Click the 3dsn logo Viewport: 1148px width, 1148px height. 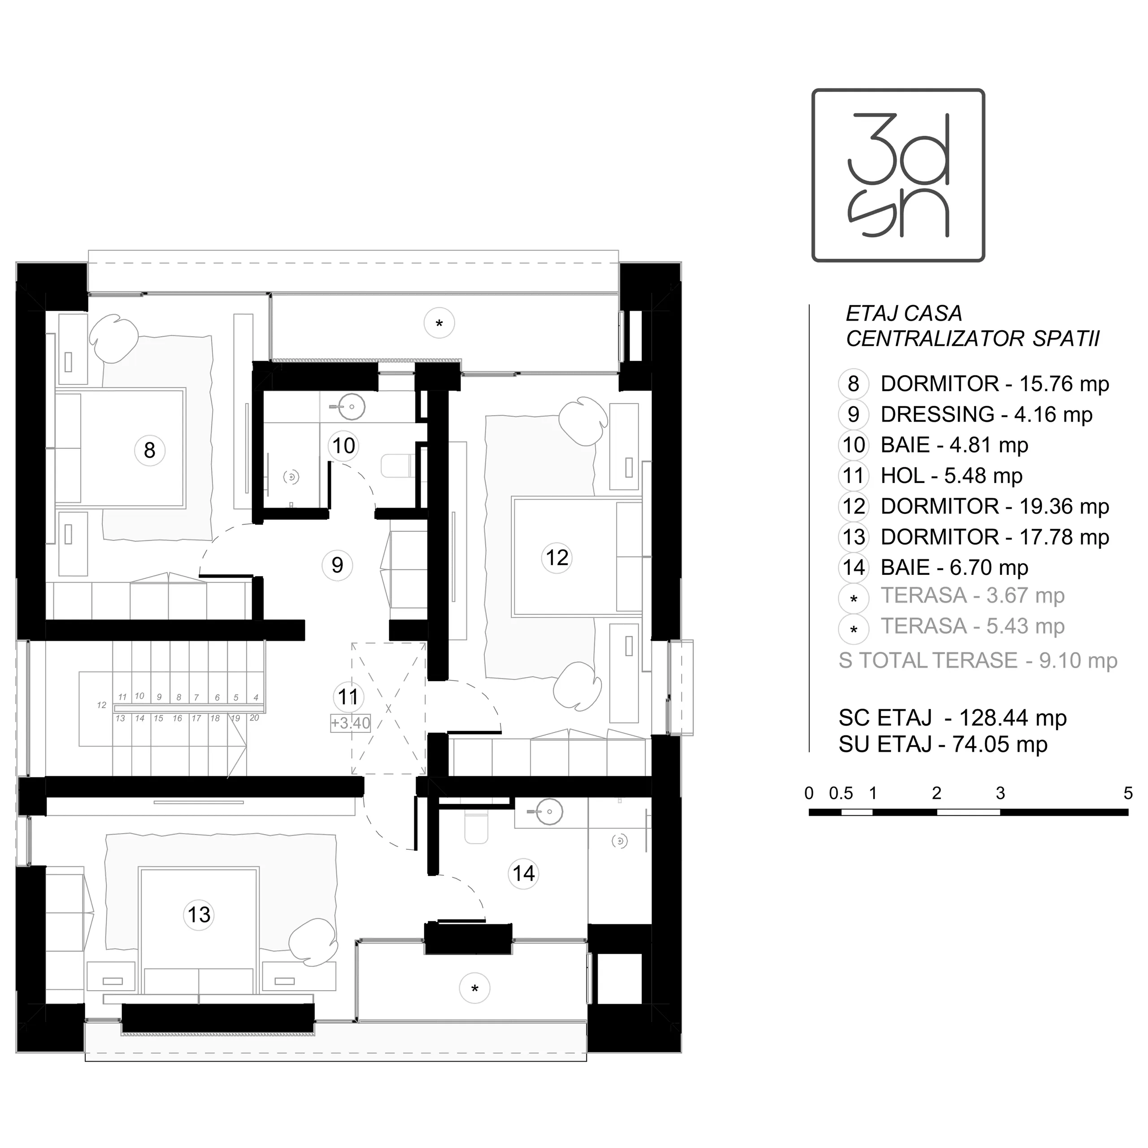point(898,175)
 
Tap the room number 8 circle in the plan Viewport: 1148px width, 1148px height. point(150,450)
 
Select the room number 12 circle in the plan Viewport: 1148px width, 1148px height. point(557,557)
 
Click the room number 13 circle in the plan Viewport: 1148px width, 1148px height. point(199,914)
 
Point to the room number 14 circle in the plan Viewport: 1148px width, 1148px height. point(523,874)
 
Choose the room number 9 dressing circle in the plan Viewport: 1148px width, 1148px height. point(337,565)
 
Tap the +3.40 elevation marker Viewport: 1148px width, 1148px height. point(351,723)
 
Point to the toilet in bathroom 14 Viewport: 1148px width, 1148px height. point(476,826)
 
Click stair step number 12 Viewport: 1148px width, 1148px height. point(102,705)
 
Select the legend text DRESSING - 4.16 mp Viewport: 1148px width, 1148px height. point(987,414)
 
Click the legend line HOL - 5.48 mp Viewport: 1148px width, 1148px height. point(951,475)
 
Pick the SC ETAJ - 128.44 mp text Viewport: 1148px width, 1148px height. point(952,718)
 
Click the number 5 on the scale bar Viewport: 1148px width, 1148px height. point(1128,793)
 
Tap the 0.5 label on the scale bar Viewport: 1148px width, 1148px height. point(841,793)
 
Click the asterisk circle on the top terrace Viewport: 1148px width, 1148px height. point(439,323)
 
